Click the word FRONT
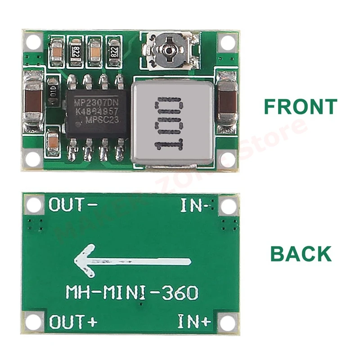(x=300, y=106)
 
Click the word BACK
(x=301, y=254)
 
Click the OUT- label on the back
(x=72, y=205)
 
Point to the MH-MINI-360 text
(x=132, y=293)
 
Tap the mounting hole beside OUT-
(x=33, y=206)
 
